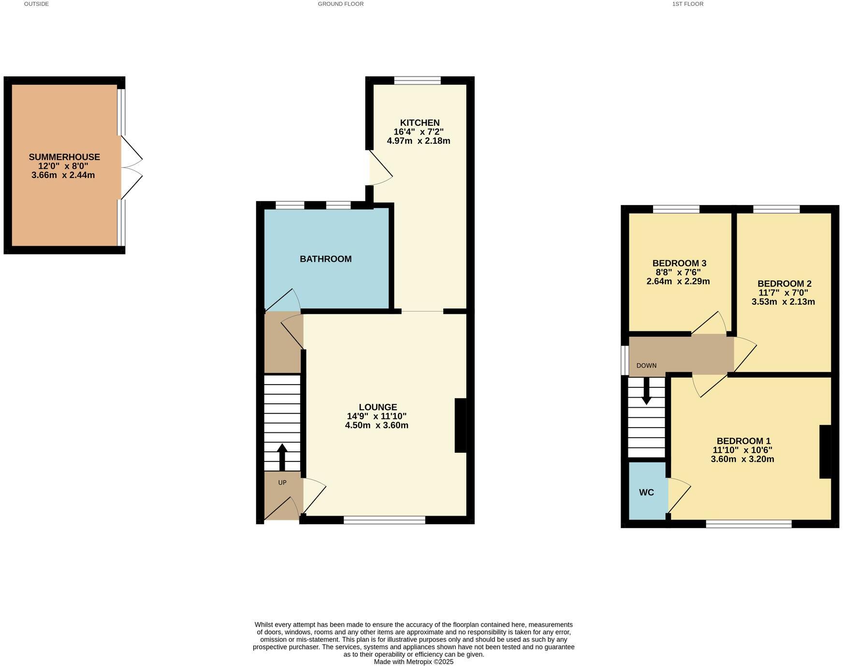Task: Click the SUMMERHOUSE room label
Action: [x=64, y=157]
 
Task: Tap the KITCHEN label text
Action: [x=420, y=123]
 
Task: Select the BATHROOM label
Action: [x=325, y=259]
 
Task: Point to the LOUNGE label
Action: [x=378, y=407]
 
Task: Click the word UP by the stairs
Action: [x=282, y=483]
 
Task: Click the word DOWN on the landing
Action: [x=646, y=366]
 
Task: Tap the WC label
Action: [x=646, y=492]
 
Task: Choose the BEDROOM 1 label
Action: [x=743, y=441]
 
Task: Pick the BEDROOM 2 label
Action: [x=784, y=284]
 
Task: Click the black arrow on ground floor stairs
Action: [x=282, y=457]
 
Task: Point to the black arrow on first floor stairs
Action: [x=646, y=392]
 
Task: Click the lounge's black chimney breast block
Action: [x=460, y=425]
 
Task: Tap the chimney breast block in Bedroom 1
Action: [x=825, y=452]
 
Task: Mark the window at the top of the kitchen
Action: [x=417, y=80]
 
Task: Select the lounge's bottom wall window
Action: [x=384, y=520]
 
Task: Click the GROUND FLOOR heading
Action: [x=340, y=4]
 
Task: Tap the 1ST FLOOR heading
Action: [x=687, y=4]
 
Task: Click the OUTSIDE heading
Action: [x=36, y=4]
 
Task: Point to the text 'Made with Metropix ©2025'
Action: [x=413, y=662]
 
